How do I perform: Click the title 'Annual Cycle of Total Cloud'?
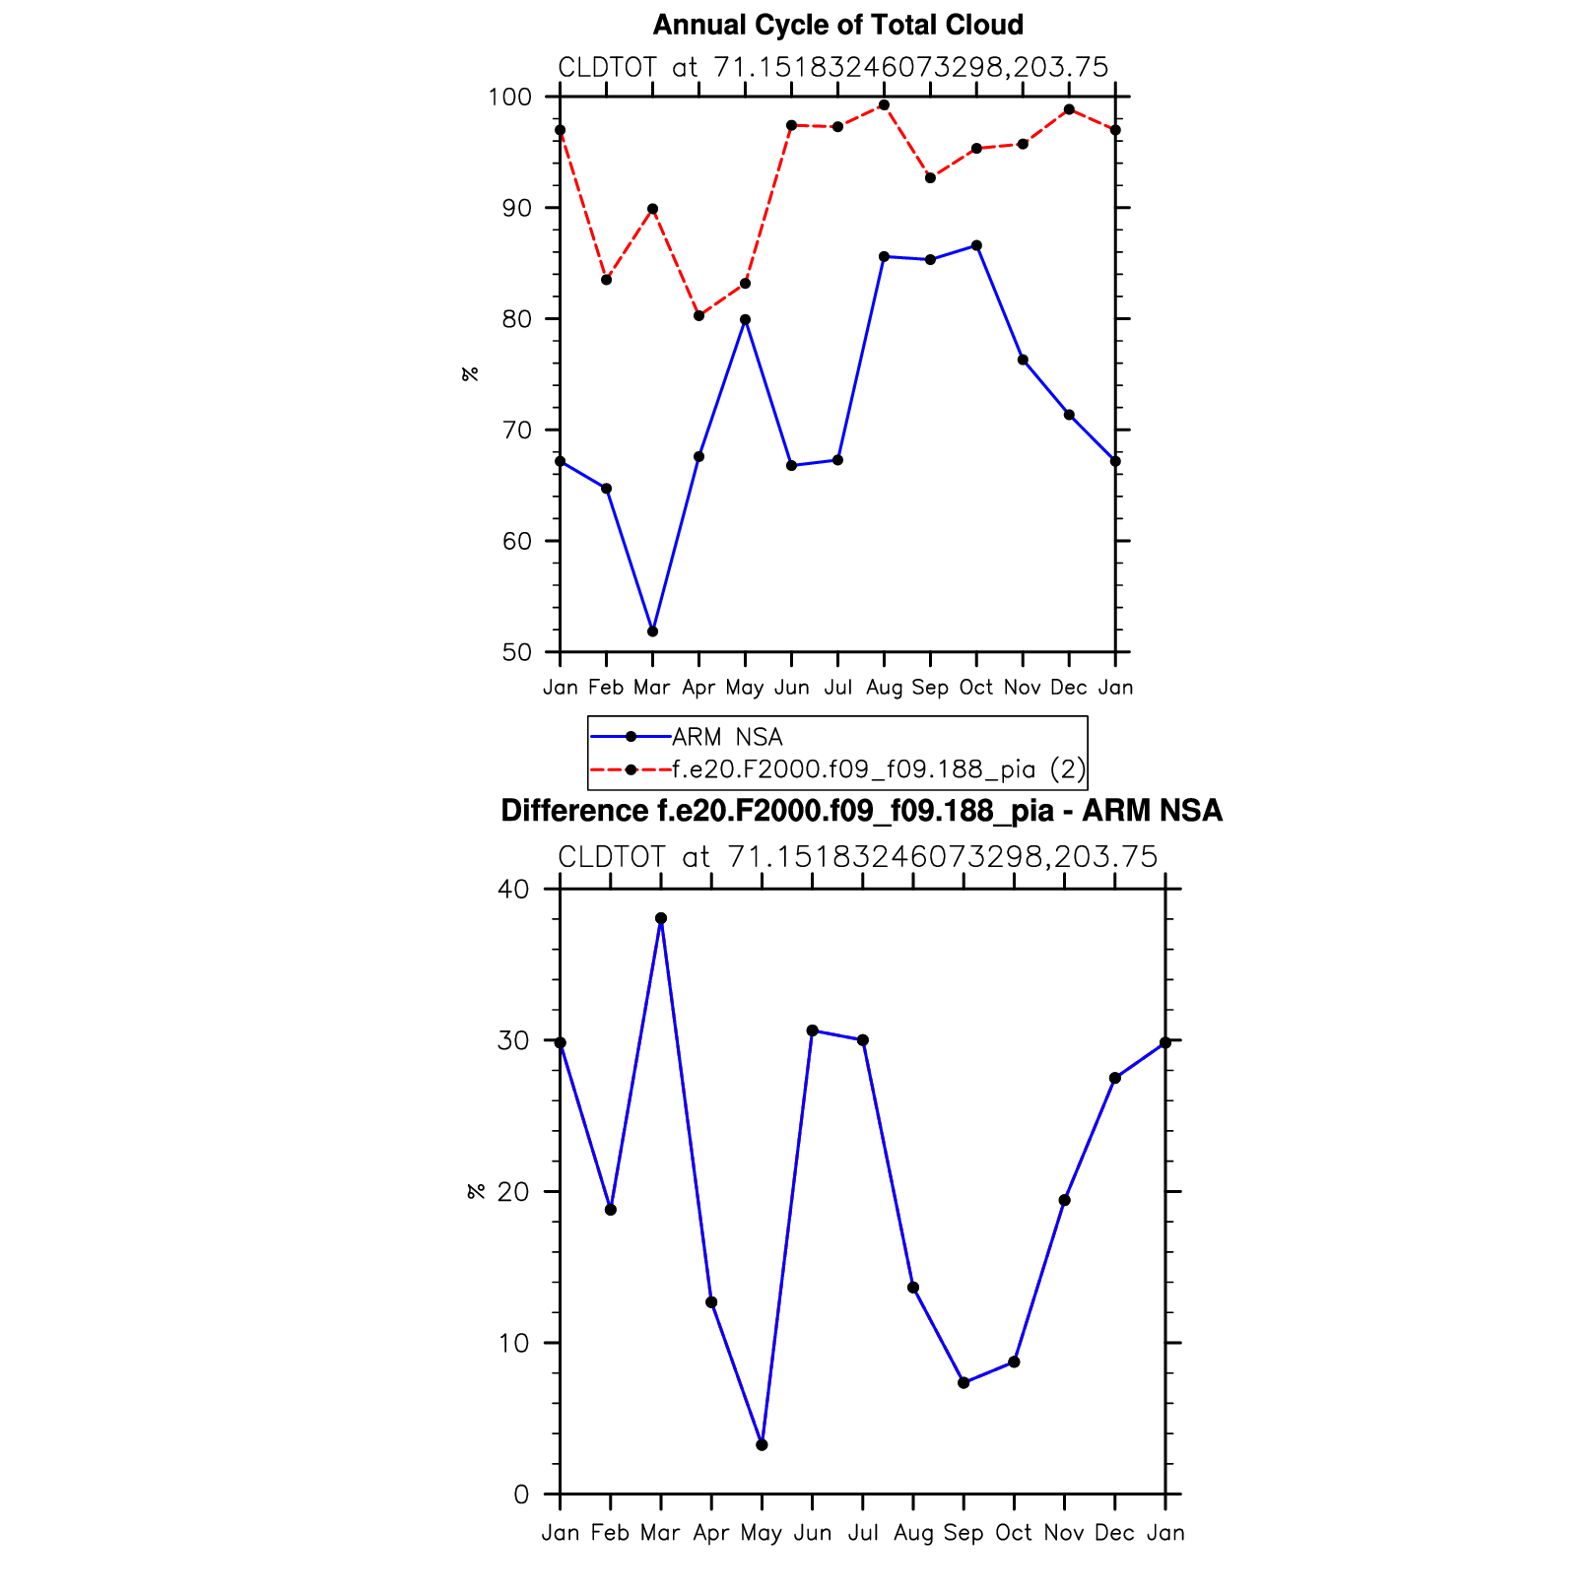tap(837, 25)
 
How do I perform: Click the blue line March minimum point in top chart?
tap(652, 631)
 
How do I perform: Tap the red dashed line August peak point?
tap(884, 105)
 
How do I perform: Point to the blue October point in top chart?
tap(976, 245)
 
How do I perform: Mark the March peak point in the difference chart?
tap(661, 918)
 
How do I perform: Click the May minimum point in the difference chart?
tap(762, 1445)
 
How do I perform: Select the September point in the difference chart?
tap(964, 1383)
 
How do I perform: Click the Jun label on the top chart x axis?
tap(791, 688)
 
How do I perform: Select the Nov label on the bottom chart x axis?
tap(1064, 1533)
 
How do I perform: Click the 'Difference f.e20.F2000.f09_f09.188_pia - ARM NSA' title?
tap(861, 811)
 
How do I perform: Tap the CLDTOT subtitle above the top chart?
tap(833, 68)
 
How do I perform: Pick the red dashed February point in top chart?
tap(606, 280)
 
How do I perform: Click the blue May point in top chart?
tap(745, 320)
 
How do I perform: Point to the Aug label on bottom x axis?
tap(913, 1533)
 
